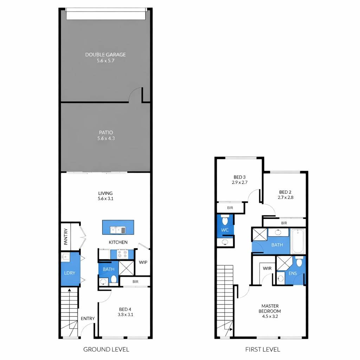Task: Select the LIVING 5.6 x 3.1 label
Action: pyautogui.click(x=105, y=196)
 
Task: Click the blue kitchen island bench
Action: pyautogui.click(x=118, y=227)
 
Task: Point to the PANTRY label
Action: pyautogui.click(x=66, y=237)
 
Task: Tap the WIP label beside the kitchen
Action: pyautogui.click(x=143, y=262)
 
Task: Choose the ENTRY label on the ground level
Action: pyautogui.click(x=88, y=319)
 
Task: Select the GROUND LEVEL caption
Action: pyautogui.click(x=106, y=349)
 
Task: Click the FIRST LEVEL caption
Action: pyautogui.click(x=263, y=349)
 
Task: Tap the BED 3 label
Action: pyautogui.click(x=239, y=180)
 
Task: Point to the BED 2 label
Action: pyautogui.click(x=285, y=195)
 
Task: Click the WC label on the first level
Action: pyautogui.click(x=225, y=230)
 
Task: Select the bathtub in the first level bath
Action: pyautogui.click(x=298, y=240)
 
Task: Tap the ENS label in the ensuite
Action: pyautogui.click(x=293, y=273)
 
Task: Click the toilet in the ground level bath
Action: pyautogui.click(x=114, y=279)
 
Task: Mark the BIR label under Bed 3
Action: pyautogui.click(x=230, y=208)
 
